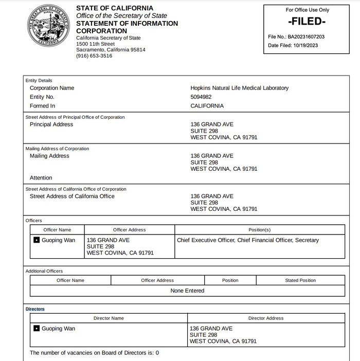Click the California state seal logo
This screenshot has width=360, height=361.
50,25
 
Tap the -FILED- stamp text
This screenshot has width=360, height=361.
307,22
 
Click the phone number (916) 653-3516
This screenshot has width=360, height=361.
94,56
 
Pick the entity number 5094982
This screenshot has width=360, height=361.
201,97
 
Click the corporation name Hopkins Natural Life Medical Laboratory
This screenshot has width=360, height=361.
239,88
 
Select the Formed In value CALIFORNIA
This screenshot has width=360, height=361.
207,106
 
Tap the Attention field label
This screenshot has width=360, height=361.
41,178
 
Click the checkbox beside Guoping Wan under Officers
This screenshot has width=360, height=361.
37,240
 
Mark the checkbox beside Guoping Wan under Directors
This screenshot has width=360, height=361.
37,329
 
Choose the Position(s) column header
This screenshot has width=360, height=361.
260,230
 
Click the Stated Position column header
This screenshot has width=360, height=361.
300,280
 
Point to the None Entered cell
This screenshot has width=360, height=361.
187,291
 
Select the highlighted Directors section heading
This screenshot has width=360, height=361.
35,309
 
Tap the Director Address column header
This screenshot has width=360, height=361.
266,318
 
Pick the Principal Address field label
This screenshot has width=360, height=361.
51,124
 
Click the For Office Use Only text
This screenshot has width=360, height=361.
307,10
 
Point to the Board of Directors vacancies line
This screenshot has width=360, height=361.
95,353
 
